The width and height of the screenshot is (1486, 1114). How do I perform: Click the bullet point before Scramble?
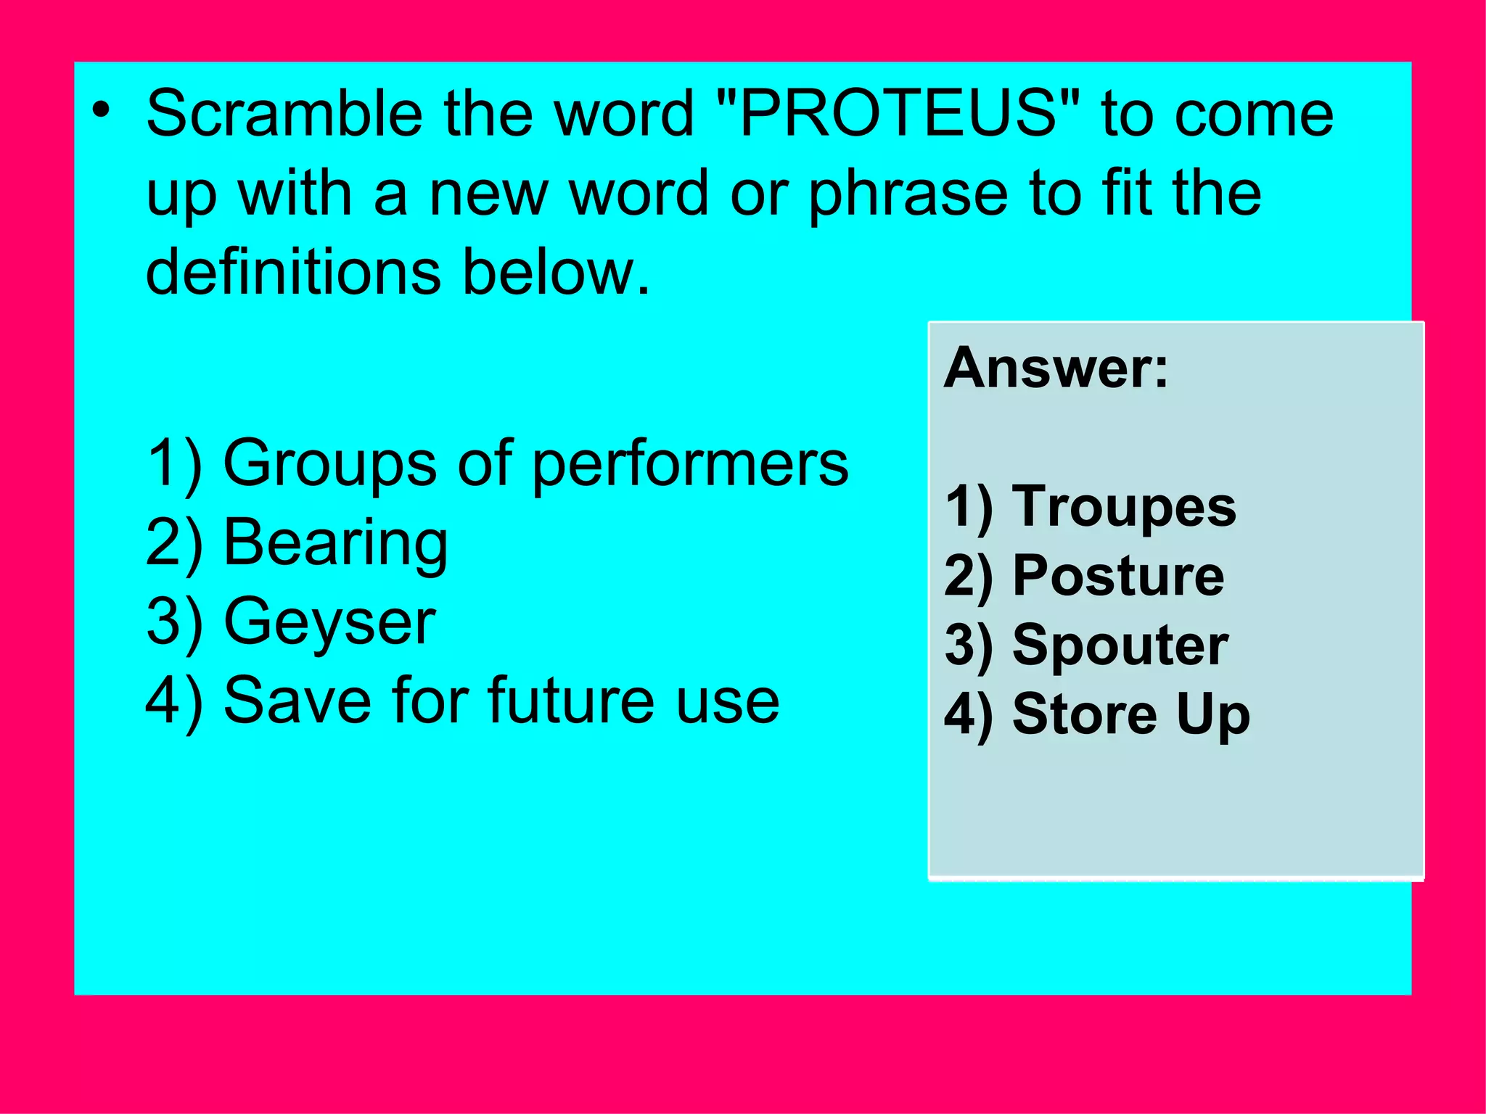(101, 111)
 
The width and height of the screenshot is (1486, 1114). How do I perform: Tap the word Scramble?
(284, 114)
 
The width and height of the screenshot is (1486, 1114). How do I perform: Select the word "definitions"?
(293, 272)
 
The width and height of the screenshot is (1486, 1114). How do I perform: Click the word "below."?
(557, 272)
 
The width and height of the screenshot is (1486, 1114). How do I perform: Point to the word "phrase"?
(908, 194)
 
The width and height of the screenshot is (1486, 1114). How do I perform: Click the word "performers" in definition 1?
(690, 464)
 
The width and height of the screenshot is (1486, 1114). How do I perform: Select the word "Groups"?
(329, 464)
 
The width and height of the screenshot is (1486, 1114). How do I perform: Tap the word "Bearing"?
(336, 544)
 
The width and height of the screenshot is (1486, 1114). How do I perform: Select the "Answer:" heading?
(1056, 368)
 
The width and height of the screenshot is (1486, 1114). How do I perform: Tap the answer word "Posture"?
(1118, 576)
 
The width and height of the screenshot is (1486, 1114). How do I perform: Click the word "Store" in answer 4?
(1084, 714)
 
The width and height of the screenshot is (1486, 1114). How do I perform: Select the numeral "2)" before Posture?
(968, 576)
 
